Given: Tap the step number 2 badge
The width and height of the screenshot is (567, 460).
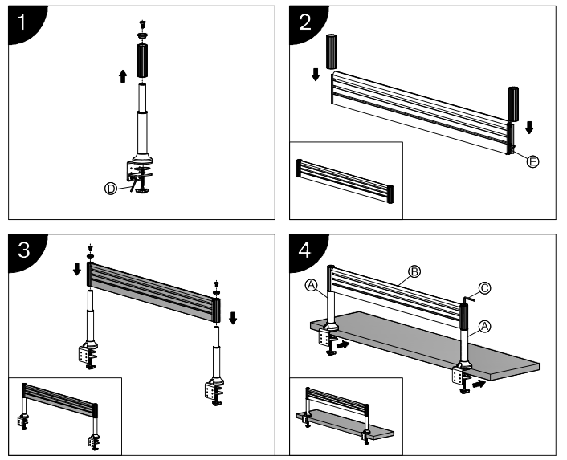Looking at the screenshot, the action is click(x=305, y=23).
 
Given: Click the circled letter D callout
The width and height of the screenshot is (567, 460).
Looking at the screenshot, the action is click(x=111, y=189).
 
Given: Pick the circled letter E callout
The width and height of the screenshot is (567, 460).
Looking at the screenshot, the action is click(x=532, y=161).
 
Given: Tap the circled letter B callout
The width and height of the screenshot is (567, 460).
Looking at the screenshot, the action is click(x=414, y=271).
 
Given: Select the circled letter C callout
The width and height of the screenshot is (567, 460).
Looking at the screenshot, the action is click(x=484, y=288).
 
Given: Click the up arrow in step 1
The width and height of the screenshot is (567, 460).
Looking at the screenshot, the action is click(x=123, y=76).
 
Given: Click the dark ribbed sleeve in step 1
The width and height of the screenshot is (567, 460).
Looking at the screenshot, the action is click(x=142, y=60).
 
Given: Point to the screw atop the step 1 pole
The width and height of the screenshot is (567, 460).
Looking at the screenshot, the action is click(x=142, y=25).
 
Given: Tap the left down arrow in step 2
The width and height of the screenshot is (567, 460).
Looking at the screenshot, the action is click(x=316, y=75).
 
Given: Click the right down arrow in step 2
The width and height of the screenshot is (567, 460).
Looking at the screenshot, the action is click(x=529, y=128).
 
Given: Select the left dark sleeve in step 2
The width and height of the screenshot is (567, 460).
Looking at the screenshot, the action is click(x=332, y=51).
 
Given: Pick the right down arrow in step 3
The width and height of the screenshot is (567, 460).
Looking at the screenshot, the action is click(x=233, y=318).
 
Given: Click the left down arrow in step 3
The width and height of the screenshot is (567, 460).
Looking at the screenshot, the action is click(x=77, y=269).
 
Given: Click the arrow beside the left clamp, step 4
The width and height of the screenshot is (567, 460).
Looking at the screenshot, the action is click(x=343, y=344).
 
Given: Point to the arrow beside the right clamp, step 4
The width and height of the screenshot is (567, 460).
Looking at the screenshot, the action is click(x=479, y=384).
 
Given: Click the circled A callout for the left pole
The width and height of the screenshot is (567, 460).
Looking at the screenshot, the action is click(x=311, y=286).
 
